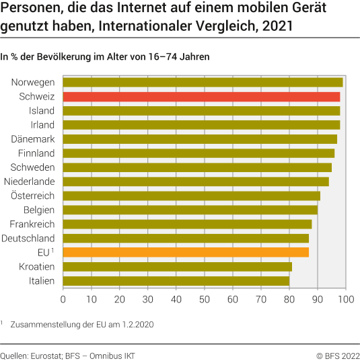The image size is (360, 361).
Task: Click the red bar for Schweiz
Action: pos(201,97)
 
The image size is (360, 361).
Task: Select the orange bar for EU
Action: pos(186,252)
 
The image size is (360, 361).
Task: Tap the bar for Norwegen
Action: pos(203,83)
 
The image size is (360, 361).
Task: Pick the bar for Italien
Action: pos(176,280)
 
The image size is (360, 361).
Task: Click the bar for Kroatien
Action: pos(177,266)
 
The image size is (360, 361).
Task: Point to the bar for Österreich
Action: pos(191,196)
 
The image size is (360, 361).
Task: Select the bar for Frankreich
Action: pos(187,224)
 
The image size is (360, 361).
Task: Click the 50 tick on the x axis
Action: pos(205,298)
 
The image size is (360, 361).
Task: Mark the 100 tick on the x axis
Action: pos(346,298)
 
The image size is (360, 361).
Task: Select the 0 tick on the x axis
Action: pos(63,298)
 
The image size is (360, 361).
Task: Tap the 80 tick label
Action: pos(289,298)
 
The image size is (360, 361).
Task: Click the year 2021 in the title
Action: pos(277,29)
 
